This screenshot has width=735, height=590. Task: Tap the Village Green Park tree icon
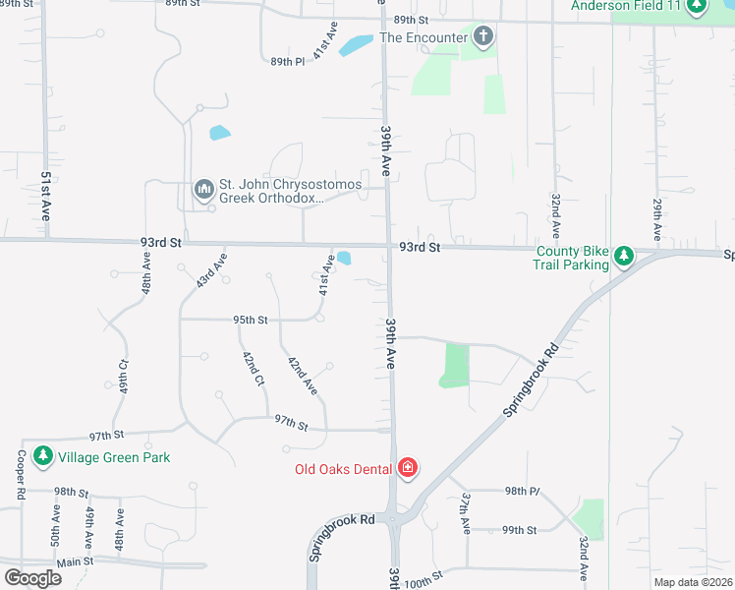tap(42, 456)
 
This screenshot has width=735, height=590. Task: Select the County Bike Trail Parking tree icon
tap(623, 257)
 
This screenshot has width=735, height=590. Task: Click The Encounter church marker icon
tap(482, 37)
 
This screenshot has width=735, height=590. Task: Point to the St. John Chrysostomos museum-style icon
tap(203, 189)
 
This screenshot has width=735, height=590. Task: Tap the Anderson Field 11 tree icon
tap(697, 6)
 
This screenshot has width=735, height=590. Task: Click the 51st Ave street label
tap(45, 195)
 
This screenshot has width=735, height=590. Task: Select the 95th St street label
tap(251, 320)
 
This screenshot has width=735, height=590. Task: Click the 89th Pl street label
tap(288, 62)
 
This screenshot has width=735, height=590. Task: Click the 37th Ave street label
tap(464, 512)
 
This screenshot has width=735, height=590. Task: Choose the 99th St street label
tap(518, 530)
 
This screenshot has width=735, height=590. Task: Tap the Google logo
tap(32, 578)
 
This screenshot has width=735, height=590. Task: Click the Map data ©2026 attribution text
tap(693, 582)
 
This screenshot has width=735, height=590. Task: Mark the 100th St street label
tap(424, 582)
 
